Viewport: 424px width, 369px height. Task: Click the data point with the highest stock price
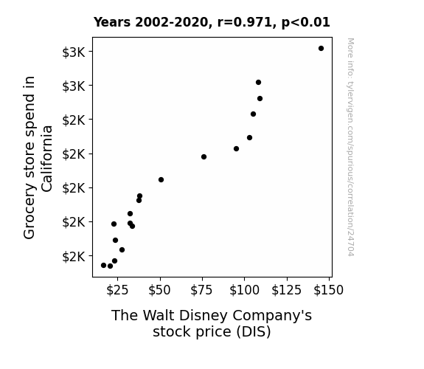(321, 49)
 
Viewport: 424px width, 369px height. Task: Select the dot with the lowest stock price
(103, 266)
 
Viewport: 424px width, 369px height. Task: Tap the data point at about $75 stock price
(204, 157)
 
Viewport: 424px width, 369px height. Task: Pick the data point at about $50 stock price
(161, 180)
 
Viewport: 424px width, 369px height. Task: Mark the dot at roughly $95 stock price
(237, 149)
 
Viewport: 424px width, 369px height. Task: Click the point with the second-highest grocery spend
(259, 83)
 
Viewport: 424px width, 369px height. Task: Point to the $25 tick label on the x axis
(117, 290)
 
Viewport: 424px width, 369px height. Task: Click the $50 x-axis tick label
(159, 290)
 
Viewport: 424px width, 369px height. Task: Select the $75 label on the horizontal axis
(202, 290)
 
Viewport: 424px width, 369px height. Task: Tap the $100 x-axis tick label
(245, 290)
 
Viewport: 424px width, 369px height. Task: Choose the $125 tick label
(287, 290)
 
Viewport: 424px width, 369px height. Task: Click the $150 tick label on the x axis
(329, 290)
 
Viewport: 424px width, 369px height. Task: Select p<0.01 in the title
(306, 23)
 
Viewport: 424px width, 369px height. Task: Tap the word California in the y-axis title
(47, 159)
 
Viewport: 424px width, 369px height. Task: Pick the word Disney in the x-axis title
(204, 316)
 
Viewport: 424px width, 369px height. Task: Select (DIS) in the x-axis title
(254, 332)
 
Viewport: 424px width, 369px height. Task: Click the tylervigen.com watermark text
(350, 148)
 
